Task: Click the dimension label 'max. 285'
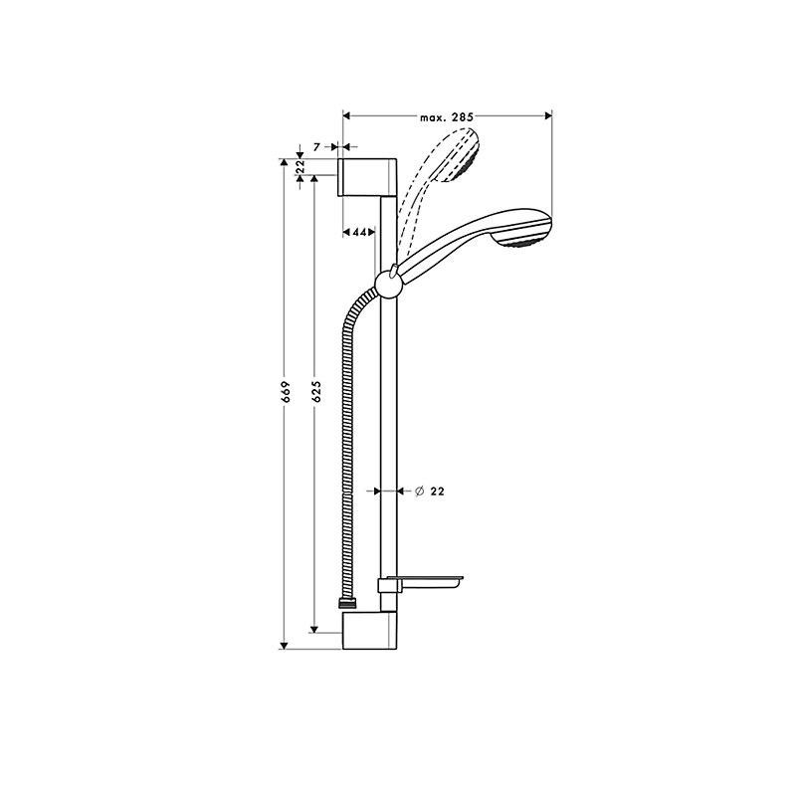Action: [x=447, y=117]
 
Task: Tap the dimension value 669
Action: [x=286, y=391]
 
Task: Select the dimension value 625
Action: [x=316, y=391]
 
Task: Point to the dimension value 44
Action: [x=359, y=232]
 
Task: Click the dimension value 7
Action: [x=316, y=147]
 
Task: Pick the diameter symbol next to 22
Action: [x=419, y=491]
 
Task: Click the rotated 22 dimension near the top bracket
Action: [x=300, y=166]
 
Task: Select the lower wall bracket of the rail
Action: [x=369, y=630]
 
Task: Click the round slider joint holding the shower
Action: [x=388, y=284]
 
